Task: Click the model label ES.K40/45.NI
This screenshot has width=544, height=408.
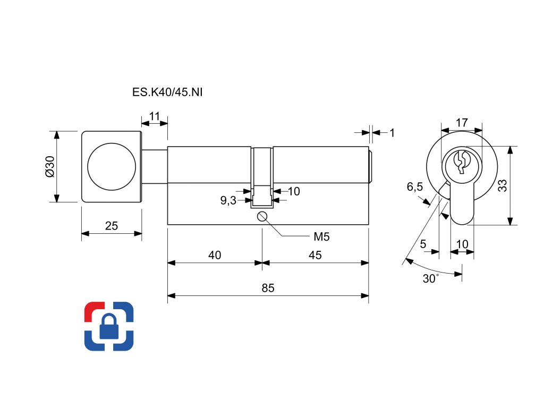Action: click(167, 92)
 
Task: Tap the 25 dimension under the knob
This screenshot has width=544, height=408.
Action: click(111, 226)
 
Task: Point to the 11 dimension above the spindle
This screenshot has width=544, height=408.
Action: click(155, 116)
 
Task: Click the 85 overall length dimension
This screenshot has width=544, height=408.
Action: click(268, 288)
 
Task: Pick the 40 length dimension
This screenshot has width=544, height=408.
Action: click(215, 255)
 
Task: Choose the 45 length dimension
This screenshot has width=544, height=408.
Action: click(315, 255)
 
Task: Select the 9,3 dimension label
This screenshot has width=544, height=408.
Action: click(228, 200)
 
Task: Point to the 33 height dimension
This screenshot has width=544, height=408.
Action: click(503, 185)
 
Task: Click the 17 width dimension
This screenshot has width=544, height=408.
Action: click(462, 123)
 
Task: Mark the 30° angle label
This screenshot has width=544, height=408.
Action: click(431, 278)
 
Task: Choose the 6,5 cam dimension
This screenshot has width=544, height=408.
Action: click(414, 187)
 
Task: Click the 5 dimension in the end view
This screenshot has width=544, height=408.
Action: click(423, 244)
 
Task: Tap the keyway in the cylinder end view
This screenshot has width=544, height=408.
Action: click(461, 162)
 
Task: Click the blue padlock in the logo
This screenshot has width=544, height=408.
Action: click(109, 327)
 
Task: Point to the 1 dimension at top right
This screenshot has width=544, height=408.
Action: click(392, 132)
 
